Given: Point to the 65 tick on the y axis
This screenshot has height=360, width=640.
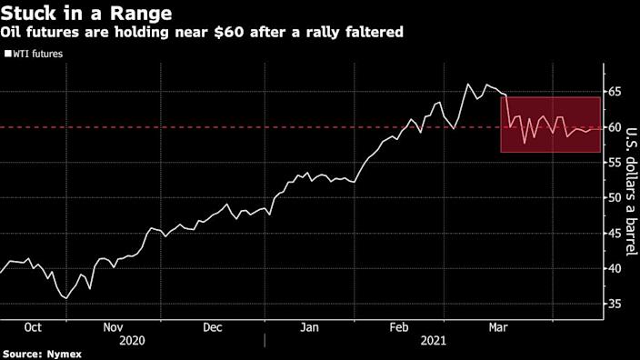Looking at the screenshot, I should pyautogui.click(x=615, y=93).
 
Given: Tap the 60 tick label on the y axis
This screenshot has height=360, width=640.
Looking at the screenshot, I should pyautogui.click(x=615, y=128).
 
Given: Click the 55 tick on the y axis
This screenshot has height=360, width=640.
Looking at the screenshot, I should pyautogui.click(x=615, y=163).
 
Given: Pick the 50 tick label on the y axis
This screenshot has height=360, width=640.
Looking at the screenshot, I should pyautogui.click(x=615, y=198).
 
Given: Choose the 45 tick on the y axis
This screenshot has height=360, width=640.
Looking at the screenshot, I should pyautogui.click(x=615, y=234).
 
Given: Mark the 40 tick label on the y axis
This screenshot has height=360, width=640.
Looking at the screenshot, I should pyautogui.click(x=615, y=269).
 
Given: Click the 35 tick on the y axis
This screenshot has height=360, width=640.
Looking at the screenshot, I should pyautogui.click(x=615, y=304).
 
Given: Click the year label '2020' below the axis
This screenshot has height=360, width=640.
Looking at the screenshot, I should pyautogui.click(x=131, y=340).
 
